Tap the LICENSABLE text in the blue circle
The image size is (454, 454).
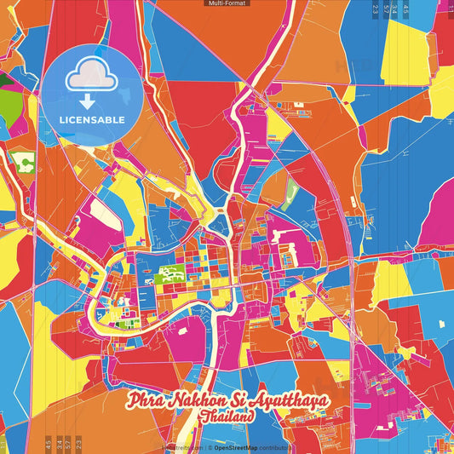click(x=93, y=119)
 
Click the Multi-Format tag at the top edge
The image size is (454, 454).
click(x=227, y=3)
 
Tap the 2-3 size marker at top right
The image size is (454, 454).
click(x=376, y=10)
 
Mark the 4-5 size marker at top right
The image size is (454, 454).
click(x=406, y=10)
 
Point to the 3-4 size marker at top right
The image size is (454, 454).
click(x=396, y=10)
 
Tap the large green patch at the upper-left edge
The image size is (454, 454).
click(x=7, y=89)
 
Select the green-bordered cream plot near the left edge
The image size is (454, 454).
click(x=25, y=161)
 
